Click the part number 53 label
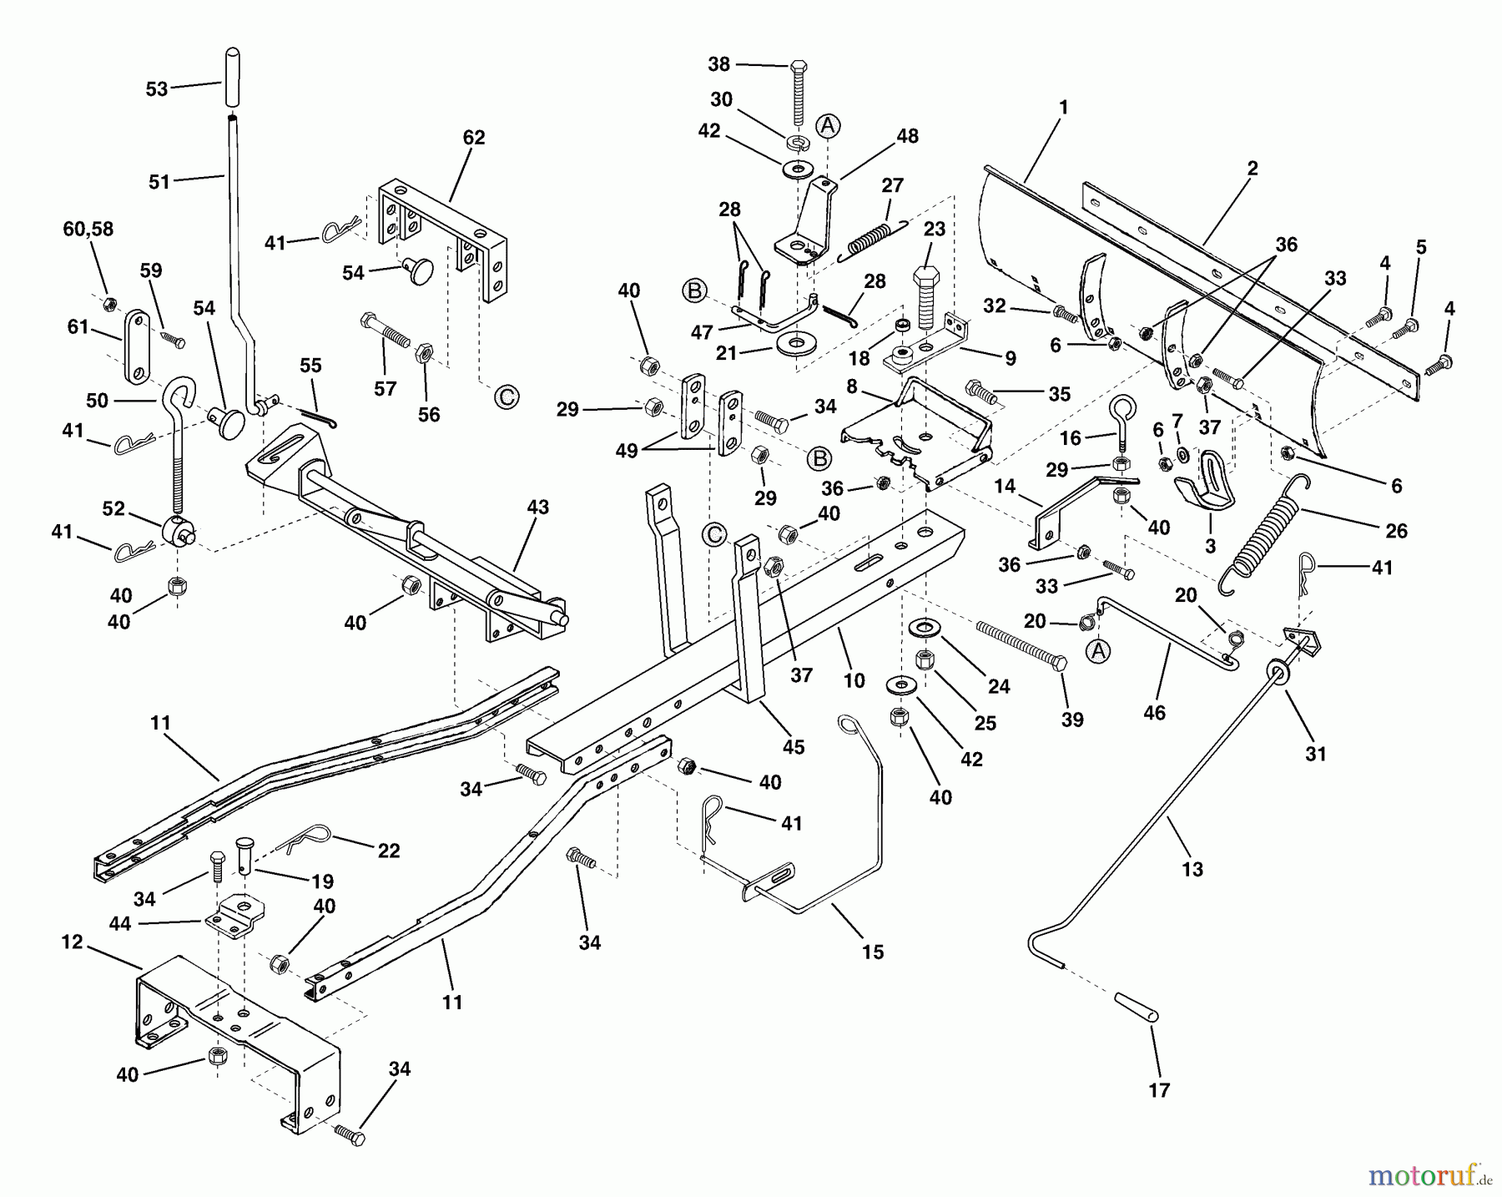pyautogui.click(x=157, y=89)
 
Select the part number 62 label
pyautogui.click(x=473, y=138)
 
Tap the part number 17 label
pyautogui.click(x=1159, y=1090)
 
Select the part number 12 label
pyautogui.click(x=72, y=942)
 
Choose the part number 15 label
pyautogui.click(x=873, y=952)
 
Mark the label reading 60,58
pyautogui.click(x=88, y=229)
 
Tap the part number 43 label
pyautogui.click(x=538, y=507)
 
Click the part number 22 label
pyautogui.click(x=389, y=851)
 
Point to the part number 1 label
pyautogui.click(x=1063, y=108)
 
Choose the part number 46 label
pyautogui.click(x=1154, y=713)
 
